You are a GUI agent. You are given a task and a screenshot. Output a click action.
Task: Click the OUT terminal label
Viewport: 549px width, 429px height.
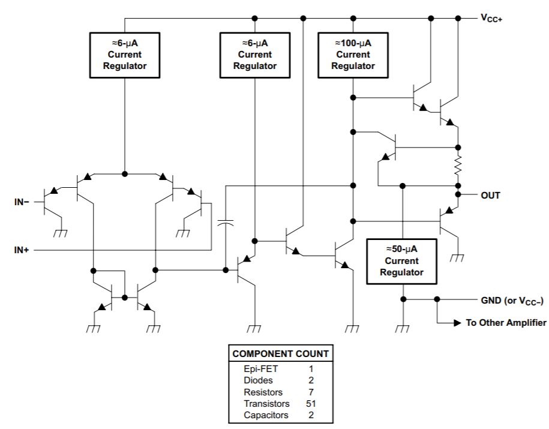click(x=490, y=196)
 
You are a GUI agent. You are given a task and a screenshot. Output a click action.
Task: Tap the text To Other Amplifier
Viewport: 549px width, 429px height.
click(x=506, y=323)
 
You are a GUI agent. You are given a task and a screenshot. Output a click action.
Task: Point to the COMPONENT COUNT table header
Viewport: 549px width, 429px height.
click(x=280, y=354)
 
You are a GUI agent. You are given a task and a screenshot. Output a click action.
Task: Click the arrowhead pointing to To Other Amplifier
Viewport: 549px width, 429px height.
click(x=458, y=323)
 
